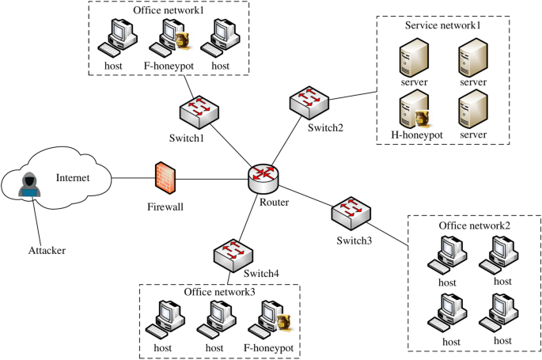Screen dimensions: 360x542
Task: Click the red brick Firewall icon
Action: point(165,176)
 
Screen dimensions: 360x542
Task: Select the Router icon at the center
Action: point(263,178)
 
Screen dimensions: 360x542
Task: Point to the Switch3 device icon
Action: point(349,210)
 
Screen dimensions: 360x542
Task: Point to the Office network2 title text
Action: point(475,225)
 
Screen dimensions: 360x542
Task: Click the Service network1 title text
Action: point(442,25)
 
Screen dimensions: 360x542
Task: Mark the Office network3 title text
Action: point(220,292)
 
